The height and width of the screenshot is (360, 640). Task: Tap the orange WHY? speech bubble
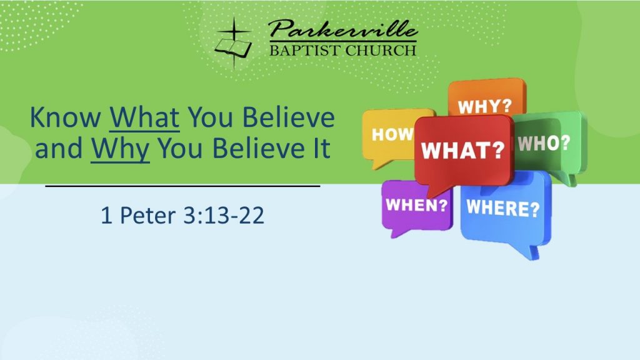tap(486, 98)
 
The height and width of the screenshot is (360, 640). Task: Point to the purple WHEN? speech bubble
tap(416, 206)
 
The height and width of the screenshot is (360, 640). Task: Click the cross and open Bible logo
tap(234, 42)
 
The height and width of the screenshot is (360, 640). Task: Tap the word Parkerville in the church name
tap(343, 29)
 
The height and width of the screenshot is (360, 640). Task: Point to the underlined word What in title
tap(144, 117)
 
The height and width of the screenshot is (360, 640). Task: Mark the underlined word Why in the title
tap(120, 149)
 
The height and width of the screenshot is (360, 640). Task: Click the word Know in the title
tap(66, 117)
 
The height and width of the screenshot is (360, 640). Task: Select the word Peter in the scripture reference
tap(147, 215)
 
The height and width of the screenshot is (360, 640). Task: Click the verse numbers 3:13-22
tap(224, 215)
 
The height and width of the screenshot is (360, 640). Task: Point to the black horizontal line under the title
tap(182, 186)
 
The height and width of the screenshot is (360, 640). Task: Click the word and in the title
tap(59, 149)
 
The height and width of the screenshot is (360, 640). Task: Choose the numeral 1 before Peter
tap(106, 215)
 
